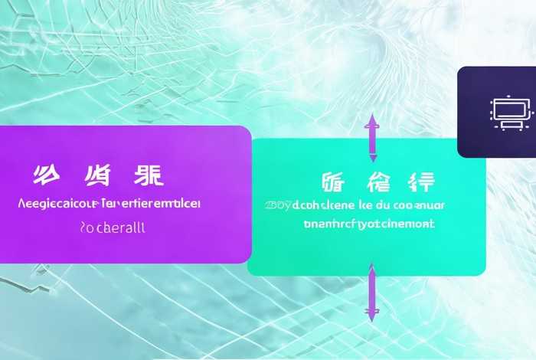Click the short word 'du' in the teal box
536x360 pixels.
[x=381, y=205]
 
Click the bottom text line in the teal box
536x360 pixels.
[x=368, y=224]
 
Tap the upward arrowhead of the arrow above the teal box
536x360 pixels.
[x=371, y=119]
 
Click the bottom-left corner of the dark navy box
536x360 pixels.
[x=459, y=155]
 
